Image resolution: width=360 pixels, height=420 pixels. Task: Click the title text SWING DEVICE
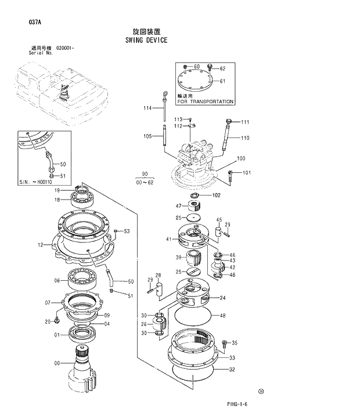(x=146, y=41)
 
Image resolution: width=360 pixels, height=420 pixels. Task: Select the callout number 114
(x=147, y=108)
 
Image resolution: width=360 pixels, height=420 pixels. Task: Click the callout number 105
(x=147, y=136)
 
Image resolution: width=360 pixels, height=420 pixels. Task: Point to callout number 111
(x=245, y=122)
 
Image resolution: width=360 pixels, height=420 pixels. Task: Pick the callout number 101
(x=246, y=172)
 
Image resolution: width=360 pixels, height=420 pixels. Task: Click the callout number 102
(x=216, y=195)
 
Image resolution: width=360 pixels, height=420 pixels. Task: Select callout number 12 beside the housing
(x=41, y=245)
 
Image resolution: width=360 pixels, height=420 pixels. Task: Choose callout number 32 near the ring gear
(x=232, y=370)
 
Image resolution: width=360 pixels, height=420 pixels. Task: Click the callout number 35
(x=235, y=343)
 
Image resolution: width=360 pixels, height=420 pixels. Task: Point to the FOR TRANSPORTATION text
(x=206, y=102)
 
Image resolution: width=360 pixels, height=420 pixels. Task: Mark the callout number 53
(x=127, y=231)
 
